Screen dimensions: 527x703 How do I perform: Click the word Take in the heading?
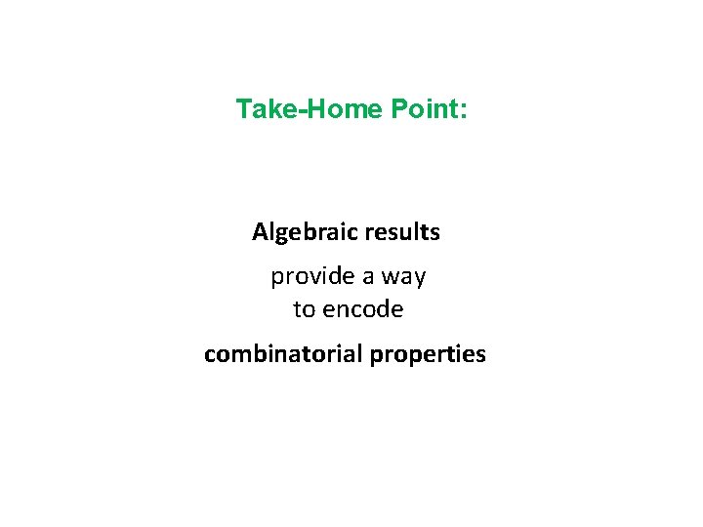point(266,109)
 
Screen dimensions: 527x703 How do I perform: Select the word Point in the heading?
point(425,109)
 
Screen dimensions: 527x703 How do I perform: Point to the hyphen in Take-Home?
point(300,110)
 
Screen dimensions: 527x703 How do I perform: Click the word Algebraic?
point(304,233)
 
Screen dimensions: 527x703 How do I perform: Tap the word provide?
point(312,277)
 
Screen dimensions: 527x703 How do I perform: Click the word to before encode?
point(304,310)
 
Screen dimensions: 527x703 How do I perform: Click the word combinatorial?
point(283,354)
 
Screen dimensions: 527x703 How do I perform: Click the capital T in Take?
point(243,109)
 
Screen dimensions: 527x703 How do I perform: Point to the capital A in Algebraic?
point(260,232)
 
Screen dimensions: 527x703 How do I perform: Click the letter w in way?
point(390,278)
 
